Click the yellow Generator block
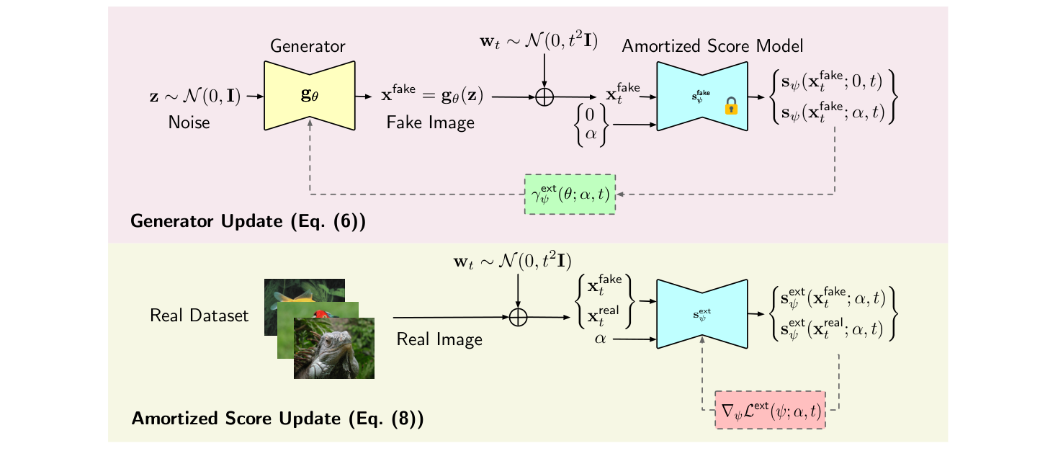310,96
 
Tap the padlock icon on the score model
731,108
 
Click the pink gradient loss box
770,411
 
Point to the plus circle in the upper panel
545,97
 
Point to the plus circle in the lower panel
519,316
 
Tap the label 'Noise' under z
189,122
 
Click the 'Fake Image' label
431,122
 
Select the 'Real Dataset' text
199,316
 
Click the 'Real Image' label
439,339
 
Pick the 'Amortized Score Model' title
712,46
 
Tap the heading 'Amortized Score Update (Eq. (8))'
277,418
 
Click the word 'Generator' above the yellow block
308,47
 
